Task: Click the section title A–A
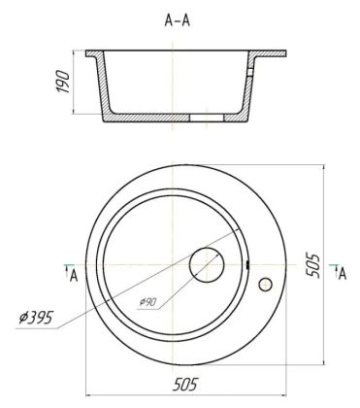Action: [178, 20]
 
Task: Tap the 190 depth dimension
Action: [63, 82]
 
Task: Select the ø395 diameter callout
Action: [35, 318]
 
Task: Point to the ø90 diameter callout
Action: [147, 302]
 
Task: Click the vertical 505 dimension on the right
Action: [312, 265]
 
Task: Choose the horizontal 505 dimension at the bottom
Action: [185, 385]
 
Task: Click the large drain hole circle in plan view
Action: [207, 265]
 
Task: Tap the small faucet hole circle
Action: [265, 285]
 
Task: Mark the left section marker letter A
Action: [74, 277]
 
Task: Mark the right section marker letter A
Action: [343, 274]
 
